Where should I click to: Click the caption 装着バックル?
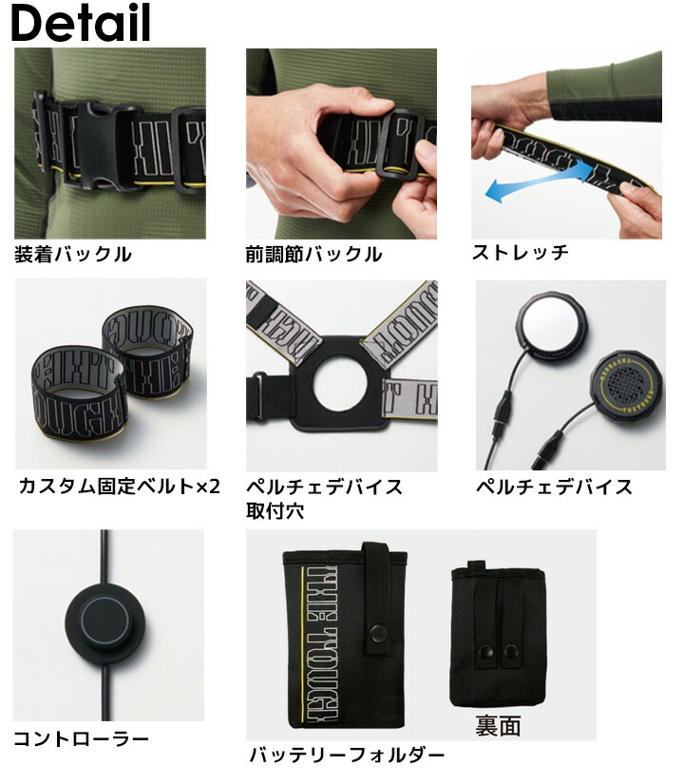[73, 255]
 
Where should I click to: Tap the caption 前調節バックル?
[313, 255]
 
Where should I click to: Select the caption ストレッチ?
[521, 253]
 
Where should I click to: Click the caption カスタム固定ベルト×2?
[119, 488]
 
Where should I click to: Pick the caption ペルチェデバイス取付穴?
[324, 499]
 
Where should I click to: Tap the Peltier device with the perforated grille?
[626, 385]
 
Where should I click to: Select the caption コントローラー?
[81, 738]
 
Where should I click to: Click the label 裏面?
[498, 726]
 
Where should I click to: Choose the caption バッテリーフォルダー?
[347, 756]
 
